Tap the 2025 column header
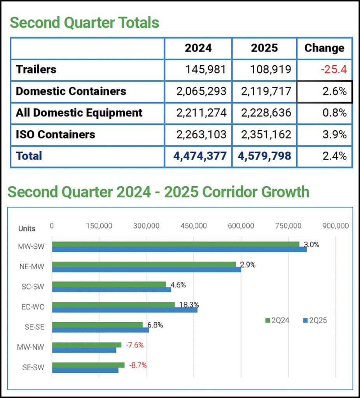click(x=264, y=48)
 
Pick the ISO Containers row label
click(x=55, y=134)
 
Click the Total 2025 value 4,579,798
click(x=264, y=156)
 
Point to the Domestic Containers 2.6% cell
click(x=325, y=91)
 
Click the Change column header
click(x=324, y=48)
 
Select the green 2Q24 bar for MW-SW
click(x=175, y=244)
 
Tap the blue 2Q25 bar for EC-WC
click(x=124, y=310)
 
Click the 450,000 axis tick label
click(x=194, y=226)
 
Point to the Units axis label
click(x=27, y=229)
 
